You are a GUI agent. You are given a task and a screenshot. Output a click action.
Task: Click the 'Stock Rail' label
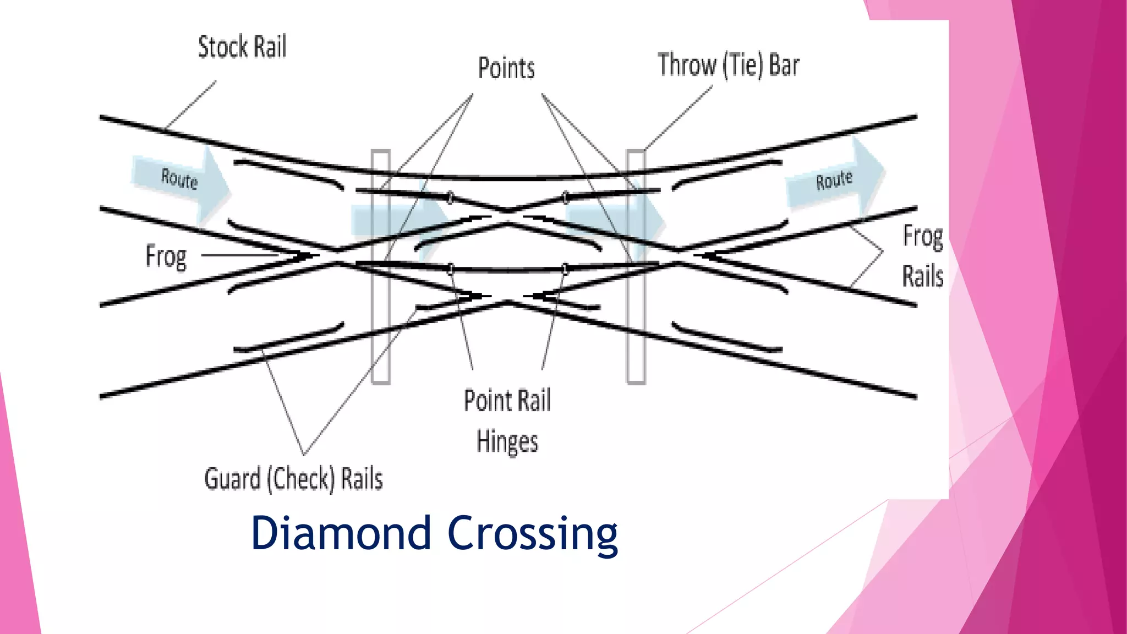point(242,47)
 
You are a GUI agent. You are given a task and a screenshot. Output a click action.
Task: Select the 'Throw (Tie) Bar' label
point(728,65)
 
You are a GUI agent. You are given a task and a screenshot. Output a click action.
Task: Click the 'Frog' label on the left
point(166,256)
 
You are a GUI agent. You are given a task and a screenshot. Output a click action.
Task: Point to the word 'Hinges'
point(507,442)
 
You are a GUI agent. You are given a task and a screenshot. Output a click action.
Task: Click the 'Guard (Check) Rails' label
point(293,478)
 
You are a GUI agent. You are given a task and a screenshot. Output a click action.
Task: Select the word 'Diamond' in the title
point(341,533)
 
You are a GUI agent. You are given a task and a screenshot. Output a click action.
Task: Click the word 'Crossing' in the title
point(533,534)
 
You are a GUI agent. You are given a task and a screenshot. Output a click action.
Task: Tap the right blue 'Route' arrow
point(834,179)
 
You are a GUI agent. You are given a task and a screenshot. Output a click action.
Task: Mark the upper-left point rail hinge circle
point(450,197)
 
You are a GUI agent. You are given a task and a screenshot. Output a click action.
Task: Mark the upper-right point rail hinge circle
point(565,196)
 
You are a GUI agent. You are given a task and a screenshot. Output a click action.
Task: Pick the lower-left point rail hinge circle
point(451,269)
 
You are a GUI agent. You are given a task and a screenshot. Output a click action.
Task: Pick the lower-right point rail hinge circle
point(565,269)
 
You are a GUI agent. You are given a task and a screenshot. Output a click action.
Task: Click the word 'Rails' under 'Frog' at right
point(922,276)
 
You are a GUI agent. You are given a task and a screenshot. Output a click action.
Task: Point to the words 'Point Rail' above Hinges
point(507,400)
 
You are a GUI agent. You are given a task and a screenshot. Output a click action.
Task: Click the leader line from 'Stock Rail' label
point(190,105)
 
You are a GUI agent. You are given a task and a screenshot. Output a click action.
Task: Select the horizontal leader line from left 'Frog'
point(242,255)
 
